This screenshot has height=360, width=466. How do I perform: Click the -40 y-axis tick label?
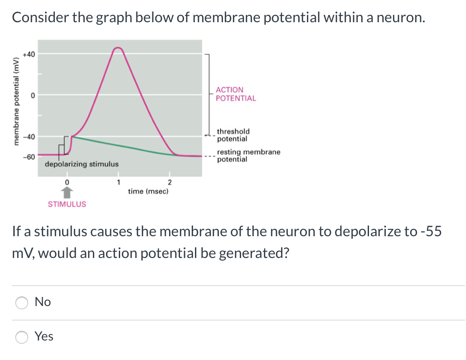click(28, 136)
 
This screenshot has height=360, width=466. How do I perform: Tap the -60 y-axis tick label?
click(28, 157)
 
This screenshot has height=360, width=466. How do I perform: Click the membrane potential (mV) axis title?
click(17, 101)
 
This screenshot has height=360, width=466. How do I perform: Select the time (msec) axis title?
click(148, 191)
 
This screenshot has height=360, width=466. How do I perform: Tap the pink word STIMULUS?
click(67, 204)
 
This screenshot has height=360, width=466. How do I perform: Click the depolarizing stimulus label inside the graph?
click(82, 164)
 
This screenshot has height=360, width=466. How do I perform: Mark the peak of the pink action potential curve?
click(118, 48)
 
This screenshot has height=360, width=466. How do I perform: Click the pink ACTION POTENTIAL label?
click(236, 94)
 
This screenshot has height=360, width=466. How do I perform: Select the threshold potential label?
click(233, 135)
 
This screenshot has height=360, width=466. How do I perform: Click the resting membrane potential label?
click(248, 156)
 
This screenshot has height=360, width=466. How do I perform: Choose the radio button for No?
click(21, 302)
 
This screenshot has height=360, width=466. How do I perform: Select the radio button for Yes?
click(21, 337)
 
